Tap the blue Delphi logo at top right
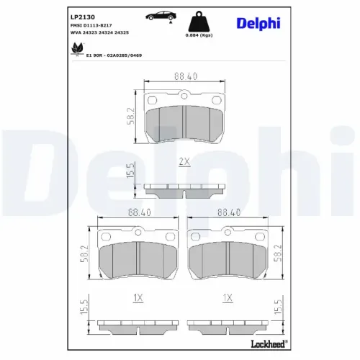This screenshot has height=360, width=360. pos(259,24)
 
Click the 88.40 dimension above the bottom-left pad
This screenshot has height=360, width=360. pos(138,212)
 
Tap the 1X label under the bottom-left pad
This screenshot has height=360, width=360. pos(138,297)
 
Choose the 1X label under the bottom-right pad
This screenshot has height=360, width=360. pos(228,297)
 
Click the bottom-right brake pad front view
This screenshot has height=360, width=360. pos(229,256)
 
